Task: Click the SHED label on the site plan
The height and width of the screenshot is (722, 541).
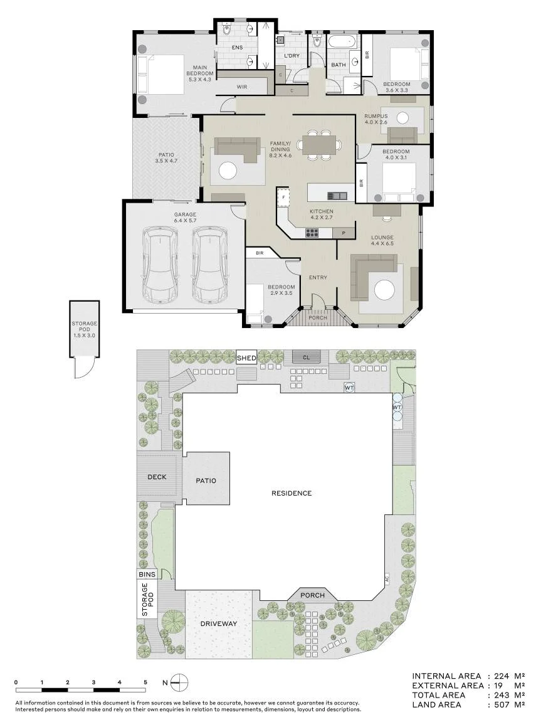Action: pyautogui.click(x=246, y=358)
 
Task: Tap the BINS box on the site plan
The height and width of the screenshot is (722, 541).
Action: pyautogui.click(x=147, y=574)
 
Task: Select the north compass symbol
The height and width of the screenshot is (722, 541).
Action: pyautogui.click(x=179, y=682)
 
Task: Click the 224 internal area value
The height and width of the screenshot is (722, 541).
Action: pyautogui.click(x=502, y=676)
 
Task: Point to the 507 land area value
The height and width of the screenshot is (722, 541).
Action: pyautogui.click(x=502, y=704)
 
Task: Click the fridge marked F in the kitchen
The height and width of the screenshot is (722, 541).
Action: pyautogui.click(x=284, y=197)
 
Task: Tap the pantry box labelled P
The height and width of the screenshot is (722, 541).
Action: pyautogui.click(x=343, y=233)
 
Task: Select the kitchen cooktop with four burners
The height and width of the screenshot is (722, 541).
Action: pyautogui.click(x=312, y=233)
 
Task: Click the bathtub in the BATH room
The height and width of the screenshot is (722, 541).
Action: pyautogui.click(x=343, y=42)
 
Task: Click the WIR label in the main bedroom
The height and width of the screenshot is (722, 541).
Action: pyautogui.click(x=241, y=87)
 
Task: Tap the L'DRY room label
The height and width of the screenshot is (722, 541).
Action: pyautogui.click(x=292, y=56)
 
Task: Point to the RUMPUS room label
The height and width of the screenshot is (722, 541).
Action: pyautogui.click(x=376, y=116)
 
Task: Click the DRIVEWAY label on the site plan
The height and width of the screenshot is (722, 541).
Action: pyautogui.click(x=219, y=624)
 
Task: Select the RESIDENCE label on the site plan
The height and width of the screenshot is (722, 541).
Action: pyautogui.click(x=292, y=493)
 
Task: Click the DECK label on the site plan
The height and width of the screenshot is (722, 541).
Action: pyautogui.click(x=157, y=477)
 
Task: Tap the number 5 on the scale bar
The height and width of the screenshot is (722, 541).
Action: pyautogui.click(x=145, y=682)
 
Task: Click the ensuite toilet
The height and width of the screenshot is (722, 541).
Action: pyautogui.click(x=226, y=30)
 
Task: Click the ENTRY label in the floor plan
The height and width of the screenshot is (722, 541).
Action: pyautogui.click(x=318, y=277)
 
